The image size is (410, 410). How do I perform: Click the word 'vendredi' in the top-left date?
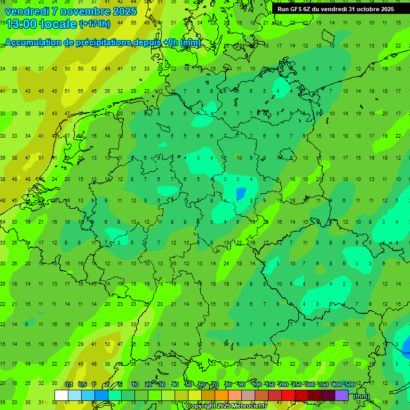[26, 11]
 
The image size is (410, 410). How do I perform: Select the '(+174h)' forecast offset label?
[94, 24]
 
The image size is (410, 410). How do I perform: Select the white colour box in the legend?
[61, 396]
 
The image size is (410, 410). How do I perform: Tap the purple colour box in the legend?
[342, 396]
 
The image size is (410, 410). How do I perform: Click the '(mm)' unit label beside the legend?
[361, 396]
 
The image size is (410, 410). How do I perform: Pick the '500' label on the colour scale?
[350, 385]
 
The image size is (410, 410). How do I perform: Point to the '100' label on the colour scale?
[257, 385]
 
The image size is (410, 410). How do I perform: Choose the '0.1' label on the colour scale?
[69, 385]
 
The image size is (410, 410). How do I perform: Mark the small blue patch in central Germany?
[241, 193]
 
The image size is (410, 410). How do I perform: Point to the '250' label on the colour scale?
[297, 385]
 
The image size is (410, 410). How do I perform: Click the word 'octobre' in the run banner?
[362, 9]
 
